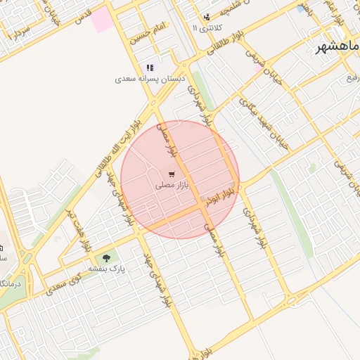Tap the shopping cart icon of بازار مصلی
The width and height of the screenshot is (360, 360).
172,174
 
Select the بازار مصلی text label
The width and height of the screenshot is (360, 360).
172,186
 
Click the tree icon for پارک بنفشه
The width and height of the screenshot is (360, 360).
106,258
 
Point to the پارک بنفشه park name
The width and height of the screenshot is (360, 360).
106,269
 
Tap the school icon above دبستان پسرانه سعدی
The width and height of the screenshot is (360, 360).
149,68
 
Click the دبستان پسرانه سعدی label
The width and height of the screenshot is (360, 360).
149,79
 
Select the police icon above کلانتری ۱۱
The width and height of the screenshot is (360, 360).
206,17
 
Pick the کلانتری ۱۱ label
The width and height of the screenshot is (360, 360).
206,27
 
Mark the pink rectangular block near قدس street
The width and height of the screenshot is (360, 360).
102,19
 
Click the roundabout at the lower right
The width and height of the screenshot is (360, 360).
291,300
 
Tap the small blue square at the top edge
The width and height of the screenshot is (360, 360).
301,9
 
